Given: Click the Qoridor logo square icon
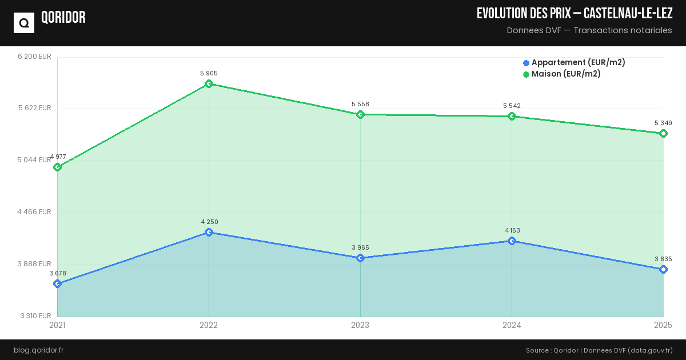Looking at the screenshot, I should click(x=24, y=23).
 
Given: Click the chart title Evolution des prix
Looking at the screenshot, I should click(x=574, y=13).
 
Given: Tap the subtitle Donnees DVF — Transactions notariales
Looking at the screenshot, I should click(x=589, y=30).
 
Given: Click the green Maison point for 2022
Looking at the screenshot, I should click(x=209, y=84).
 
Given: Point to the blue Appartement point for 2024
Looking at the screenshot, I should click(x=512, y=241).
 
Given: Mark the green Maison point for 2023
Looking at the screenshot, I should click(x=360, y=115).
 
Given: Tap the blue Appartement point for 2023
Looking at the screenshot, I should click(x=360, y=258).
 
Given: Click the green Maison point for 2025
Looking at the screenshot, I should click(x=663, y=134).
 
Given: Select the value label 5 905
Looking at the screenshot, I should click(x=209, y=73).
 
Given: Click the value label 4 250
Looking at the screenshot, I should click(x=209, y=222).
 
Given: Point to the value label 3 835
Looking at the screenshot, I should click(x=663, y=259).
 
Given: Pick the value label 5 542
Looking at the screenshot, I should click(x=512, y=106).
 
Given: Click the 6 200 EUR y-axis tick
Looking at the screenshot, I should click(x=34, y=57).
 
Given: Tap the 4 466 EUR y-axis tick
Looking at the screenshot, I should click(x=34, y=212).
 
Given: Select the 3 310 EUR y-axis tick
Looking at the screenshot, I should click(x=36, y=316).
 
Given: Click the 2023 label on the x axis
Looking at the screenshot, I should click(x=360, y=325).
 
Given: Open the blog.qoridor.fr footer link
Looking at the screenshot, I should click(x=38, y=350).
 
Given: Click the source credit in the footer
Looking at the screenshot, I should click(x=599, y=350).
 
